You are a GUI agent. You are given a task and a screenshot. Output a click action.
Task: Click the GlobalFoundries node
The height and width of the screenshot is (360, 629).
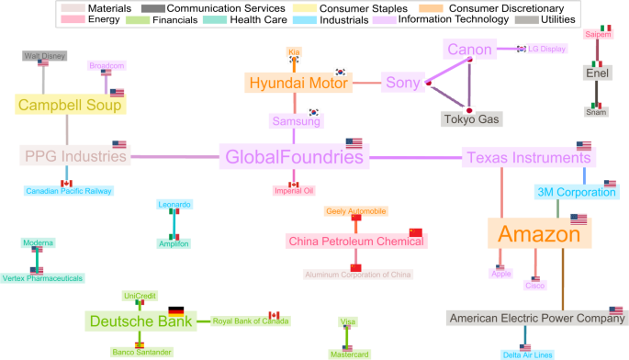pyautogui.click(x=291, y=157)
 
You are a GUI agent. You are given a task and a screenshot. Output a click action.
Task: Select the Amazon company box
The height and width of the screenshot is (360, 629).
pyautogui.click(x=539, y=234)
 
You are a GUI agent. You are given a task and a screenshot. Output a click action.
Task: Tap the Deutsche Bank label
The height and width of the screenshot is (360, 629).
pyautogui.click(x=140, y=321)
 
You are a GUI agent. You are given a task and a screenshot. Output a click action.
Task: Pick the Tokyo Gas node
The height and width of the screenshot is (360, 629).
pyautogui.click(x=471, y=119)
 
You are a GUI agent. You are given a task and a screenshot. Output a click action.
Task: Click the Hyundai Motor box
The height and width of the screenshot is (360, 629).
pyautogui.click(x=298, y=83)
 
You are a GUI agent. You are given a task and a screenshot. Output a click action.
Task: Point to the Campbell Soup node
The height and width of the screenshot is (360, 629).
pyautogui.click(x=69, y=105)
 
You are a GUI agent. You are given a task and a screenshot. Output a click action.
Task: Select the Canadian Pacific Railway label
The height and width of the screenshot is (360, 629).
pyautogui.click(x=69, y=192)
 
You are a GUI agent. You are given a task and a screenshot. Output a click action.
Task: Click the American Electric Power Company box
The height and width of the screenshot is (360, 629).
pyautogui.click(x=535, y=319)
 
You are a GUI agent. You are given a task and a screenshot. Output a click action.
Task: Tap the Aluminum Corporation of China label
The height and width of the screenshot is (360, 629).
pyautogui.click(x=358, y=275)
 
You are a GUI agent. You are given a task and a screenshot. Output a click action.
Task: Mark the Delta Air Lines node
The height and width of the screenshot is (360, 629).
pyautogui.click(x=528, y=354)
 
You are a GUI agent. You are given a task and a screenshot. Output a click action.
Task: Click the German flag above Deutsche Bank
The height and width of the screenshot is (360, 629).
pyautogui.click(x=175, y=310)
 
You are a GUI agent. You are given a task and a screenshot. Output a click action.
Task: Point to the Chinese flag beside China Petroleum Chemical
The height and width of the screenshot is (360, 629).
pyautogui.click(x=415, y=231)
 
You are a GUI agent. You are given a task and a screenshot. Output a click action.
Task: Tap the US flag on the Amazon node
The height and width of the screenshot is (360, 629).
pyautogui.click(x=578, y=219)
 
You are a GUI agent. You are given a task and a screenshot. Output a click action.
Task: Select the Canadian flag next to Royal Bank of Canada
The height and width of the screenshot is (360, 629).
pyautogui.click(x=273, y=314)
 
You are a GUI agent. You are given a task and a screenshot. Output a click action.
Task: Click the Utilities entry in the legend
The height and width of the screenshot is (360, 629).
pyautogui.click(x=552, y=18)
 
